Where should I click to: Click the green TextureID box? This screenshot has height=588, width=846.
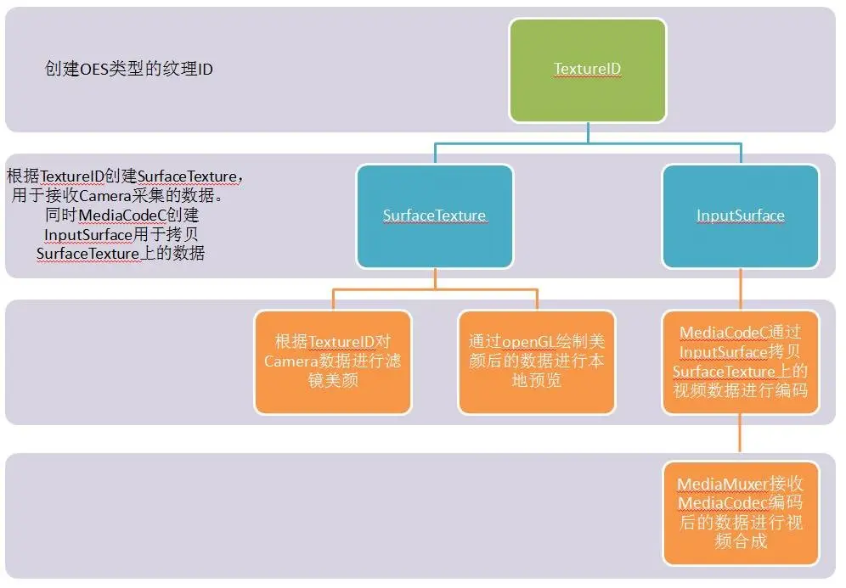(x=587, y=70)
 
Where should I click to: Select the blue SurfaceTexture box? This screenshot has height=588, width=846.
(x=435, y=216)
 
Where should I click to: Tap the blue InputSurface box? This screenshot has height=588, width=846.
(x=741, y=216)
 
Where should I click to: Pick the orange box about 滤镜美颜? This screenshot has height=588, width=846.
(x=333, y=361)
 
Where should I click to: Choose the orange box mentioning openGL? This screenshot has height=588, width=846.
(x=537, y=361)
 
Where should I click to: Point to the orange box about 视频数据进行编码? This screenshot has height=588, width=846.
(x=741, y=361)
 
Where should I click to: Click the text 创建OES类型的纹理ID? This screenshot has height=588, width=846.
(x=129, y=69)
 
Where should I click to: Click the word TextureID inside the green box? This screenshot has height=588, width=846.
(x=587, y=69)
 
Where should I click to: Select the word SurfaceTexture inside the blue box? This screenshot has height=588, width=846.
(x=435, y=216)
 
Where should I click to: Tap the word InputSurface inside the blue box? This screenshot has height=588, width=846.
(x=741, y=216)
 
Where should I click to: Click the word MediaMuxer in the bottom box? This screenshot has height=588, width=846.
(x=722, y=484)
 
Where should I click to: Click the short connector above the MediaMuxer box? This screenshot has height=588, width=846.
(x=741, y=438)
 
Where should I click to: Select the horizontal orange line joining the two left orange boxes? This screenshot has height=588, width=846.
(x=435, y=290)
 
